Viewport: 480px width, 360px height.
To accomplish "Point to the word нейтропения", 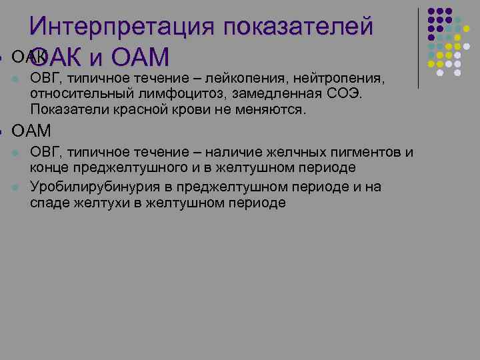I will pyautogui.click(x=340, y=79).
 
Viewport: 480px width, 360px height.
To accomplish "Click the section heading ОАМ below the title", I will pyautogui.click(x=32, y=130).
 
